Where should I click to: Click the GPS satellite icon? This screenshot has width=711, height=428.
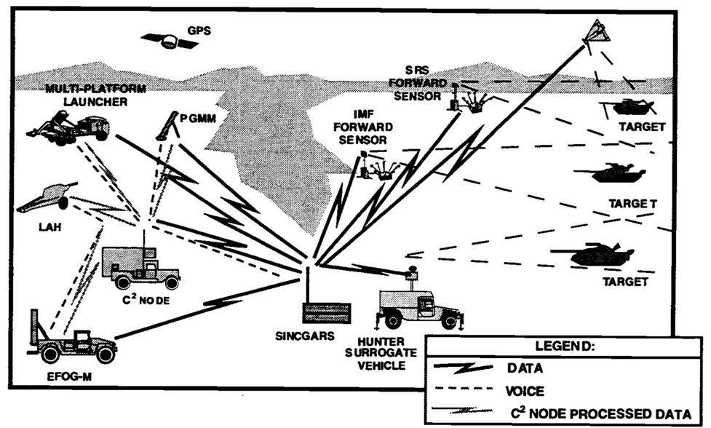170,41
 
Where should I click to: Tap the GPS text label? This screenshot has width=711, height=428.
199,32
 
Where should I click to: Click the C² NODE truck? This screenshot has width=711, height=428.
140,267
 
